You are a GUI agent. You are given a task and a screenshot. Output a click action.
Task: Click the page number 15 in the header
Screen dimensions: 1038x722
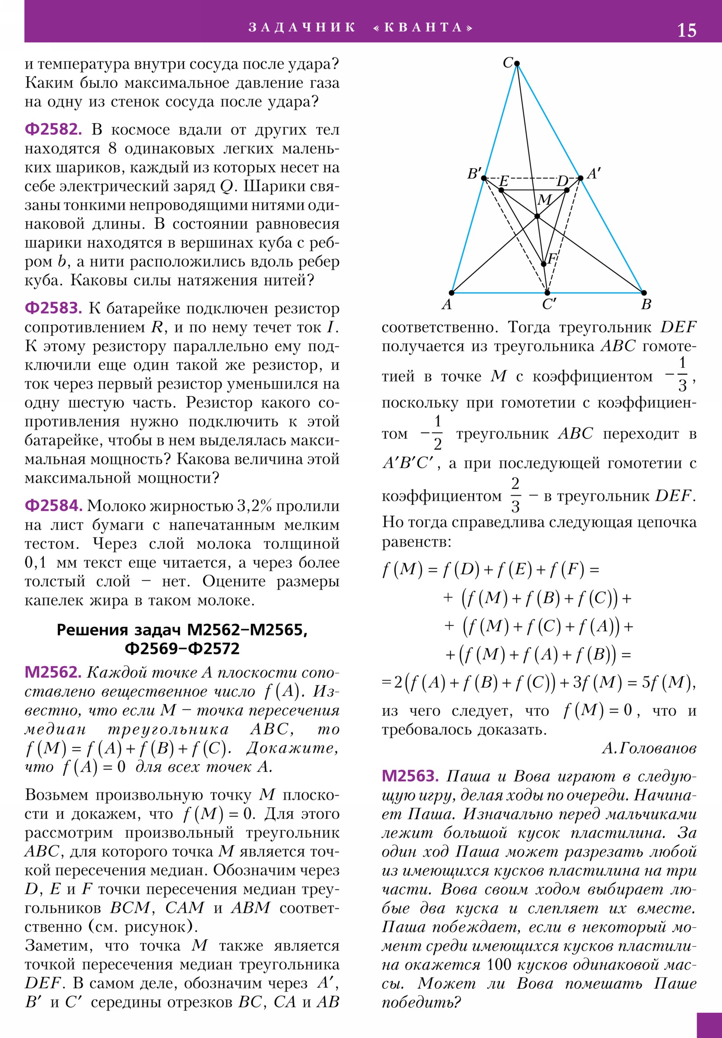tap(686, 30)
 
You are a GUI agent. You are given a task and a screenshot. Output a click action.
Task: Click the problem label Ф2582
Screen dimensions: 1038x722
tap(53, 130)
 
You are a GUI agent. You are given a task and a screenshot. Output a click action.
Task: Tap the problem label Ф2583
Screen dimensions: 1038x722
tap(53, 308)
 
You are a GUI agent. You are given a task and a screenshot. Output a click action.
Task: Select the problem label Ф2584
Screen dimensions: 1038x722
tap(53, 506)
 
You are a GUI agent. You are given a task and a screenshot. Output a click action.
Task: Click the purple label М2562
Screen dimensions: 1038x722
tap(53, 672)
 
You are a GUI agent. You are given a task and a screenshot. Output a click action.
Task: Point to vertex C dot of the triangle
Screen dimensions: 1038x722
tap(517, 64)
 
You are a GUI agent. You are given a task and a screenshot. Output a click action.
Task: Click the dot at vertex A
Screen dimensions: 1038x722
tap(451, 293)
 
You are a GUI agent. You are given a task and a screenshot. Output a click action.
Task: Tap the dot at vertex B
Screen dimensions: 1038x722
tap(644, 293)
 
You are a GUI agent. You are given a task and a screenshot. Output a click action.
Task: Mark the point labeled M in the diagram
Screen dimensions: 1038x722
tap(537, 217)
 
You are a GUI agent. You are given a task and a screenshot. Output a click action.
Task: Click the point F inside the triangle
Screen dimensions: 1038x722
tap(543, 264)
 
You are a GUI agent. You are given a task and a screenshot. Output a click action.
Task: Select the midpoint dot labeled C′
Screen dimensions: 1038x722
tap(547, 293)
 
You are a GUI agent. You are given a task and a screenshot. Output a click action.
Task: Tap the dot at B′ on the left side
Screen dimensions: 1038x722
tap(484, 178)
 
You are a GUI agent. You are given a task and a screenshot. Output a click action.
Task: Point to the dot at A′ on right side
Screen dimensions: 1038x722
tap(580, 178)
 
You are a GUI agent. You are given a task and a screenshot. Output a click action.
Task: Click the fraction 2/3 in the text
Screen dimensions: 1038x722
tap(515, 496)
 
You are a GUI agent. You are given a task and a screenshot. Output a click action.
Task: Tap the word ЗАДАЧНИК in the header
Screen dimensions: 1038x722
tap(301, 28)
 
